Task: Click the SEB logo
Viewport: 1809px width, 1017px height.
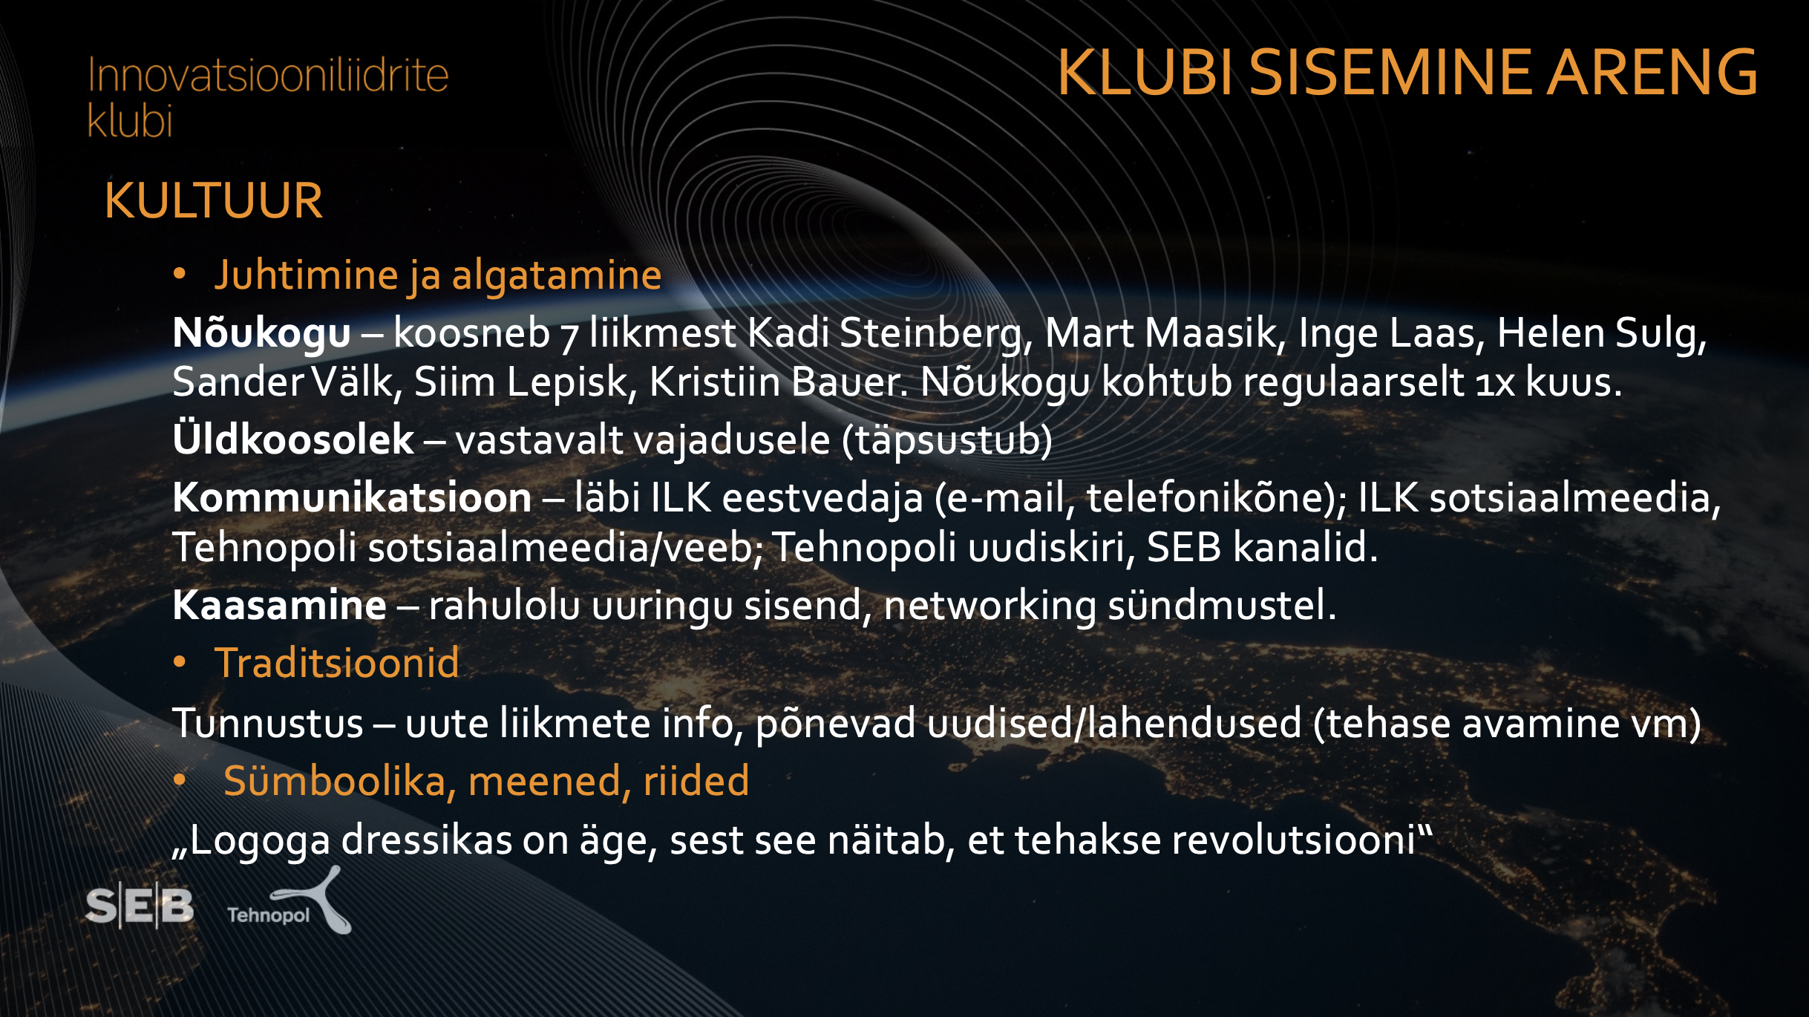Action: [140, 906]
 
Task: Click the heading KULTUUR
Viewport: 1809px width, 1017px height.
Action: [214, 200]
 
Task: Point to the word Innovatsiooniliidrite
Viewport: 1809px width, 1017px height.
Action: [268, 75]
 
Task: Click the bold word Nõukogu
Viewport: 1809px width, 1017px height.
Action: [261, 333]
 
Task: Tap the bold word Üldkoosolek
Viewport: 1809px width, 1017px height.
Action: [293, 439]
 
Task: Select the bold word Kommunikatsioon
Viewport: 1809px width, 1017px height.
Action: [352, 497]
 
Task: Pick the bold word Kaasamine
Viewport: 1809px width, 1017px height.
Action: [279, 605]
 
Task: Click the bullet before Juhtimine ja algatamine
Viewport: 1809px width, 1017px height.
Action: [180, 274]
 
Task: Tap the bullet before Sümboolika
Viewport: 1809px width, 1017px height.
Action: [180, 779]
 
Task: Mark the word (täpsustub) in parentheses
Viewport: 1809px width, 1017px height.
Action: [947, 440]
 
